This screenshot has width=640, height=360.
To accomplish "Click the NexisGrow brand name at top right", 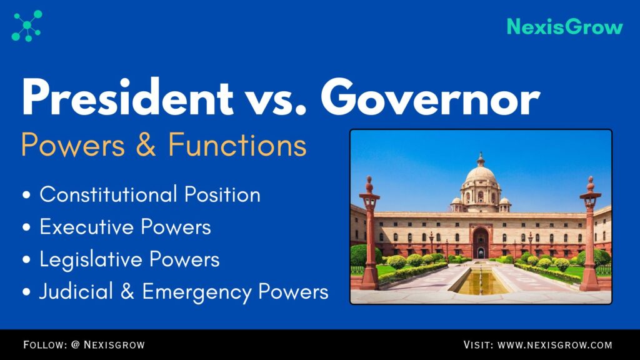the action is click(564, 27).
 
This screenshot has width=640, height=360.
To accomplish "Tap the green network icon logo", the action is click(27, 26).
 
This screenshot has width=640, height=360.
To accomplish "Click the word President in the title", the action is click(127, 97).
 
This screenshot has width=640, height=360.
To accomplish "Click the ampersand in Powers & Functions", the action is click(146, 144).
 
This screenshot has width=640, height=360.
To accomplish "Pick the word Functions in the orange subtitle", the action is click(237, 144).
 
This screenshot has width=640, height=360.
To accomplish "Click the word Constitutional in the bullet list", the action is click(107, 194).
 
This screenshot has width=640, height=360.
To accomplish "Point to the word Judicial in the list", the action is click(76, 291).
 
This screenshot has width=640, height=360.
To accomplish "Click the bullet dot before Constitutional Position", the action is click(26, 195).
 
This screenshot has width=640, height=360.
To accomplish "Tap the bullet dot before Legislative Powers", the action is click(26, 259).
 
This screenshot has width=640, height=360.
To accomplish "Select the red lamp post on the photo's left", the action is click(370, 233).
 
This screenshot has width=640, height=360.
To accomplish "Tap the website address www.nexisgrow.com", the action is click(555, 345).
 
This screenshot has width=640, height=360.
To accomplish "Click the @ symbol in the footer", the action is click(76, 344).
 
